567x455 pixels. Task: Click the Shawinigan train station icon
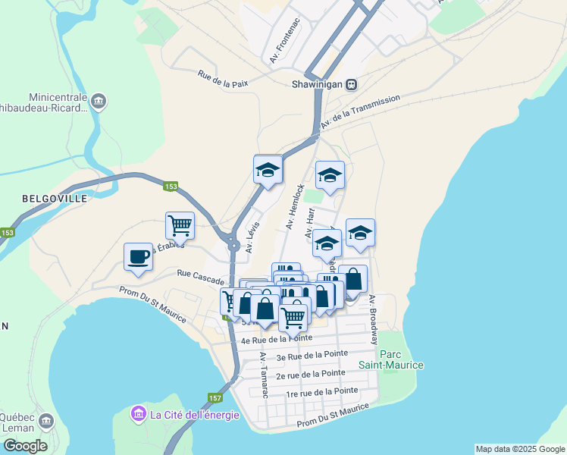(x=352, y=84)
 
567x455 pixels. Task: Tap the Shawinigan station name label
(x=318, y=84)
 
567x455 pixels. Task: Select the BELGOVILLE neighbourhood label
(x=55, y=198)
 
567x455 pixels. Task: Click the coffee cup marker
(x=138, y=257)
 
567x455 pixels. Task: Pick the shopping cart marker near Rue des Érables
(x=180, y=225)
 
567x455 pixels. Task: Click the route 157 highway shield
(x=215, y=398)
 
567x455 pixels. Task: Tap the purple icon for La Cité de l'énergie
(x=139, y=415)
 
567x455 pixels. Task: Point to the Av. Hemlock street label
(x=295, y=206)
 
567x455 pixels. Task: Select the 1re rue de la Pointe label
(x=321, y=392)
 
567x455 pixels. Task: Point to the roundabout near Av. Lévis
(x=233, y=245)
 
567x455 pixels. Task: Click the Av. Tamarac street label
(x=264, y=375)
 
